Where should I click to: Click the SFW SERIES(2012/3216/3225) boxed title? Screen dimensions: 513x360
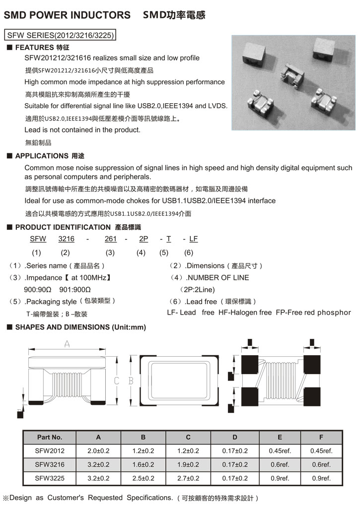(x=60, y=35)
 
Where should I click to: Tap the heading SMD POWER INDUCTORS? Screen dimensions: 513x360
(x=68, y=15)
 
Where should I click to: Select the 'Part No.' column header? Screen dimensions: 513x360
(x=50, y=437)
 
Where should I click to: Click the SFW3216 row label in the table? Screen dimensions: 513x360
(x=50, y=464)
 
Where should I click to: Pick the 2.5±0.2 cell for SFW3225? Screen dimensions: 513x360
(x=144, y=478)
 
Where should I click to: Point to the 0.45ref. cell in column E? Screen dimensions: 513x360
(x=280, y=451)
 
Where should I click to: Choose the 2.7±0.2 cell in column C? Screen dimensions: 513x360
(x=188, y=478)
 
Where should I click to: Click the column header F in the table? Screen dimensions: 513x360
(x=321, y=437)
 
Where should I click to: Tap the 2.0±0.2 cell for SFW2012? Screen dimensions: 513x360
(x=98, y=451)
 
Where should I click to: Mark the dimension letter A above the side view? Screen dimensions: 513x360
(x=67, y=344)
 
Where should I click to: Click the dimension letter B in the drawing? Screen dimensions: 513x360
(x=131, y=381)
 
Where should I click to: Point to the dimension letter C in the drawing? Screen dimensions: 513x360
(x=117, y=381)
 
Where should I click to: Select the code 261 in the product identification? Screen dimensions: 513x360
(x=111, y=239)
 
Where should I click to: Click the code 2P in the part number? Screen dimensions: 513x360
(x=144, y=239)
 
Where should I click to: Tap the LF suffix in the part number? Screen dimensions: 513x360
(x=193, y=239)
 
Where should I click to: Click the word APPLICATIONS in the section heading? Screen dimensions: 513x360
(x=42, y=156)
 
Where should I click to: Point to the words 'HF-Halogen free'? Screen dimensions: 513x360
(x=245, y=313)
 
